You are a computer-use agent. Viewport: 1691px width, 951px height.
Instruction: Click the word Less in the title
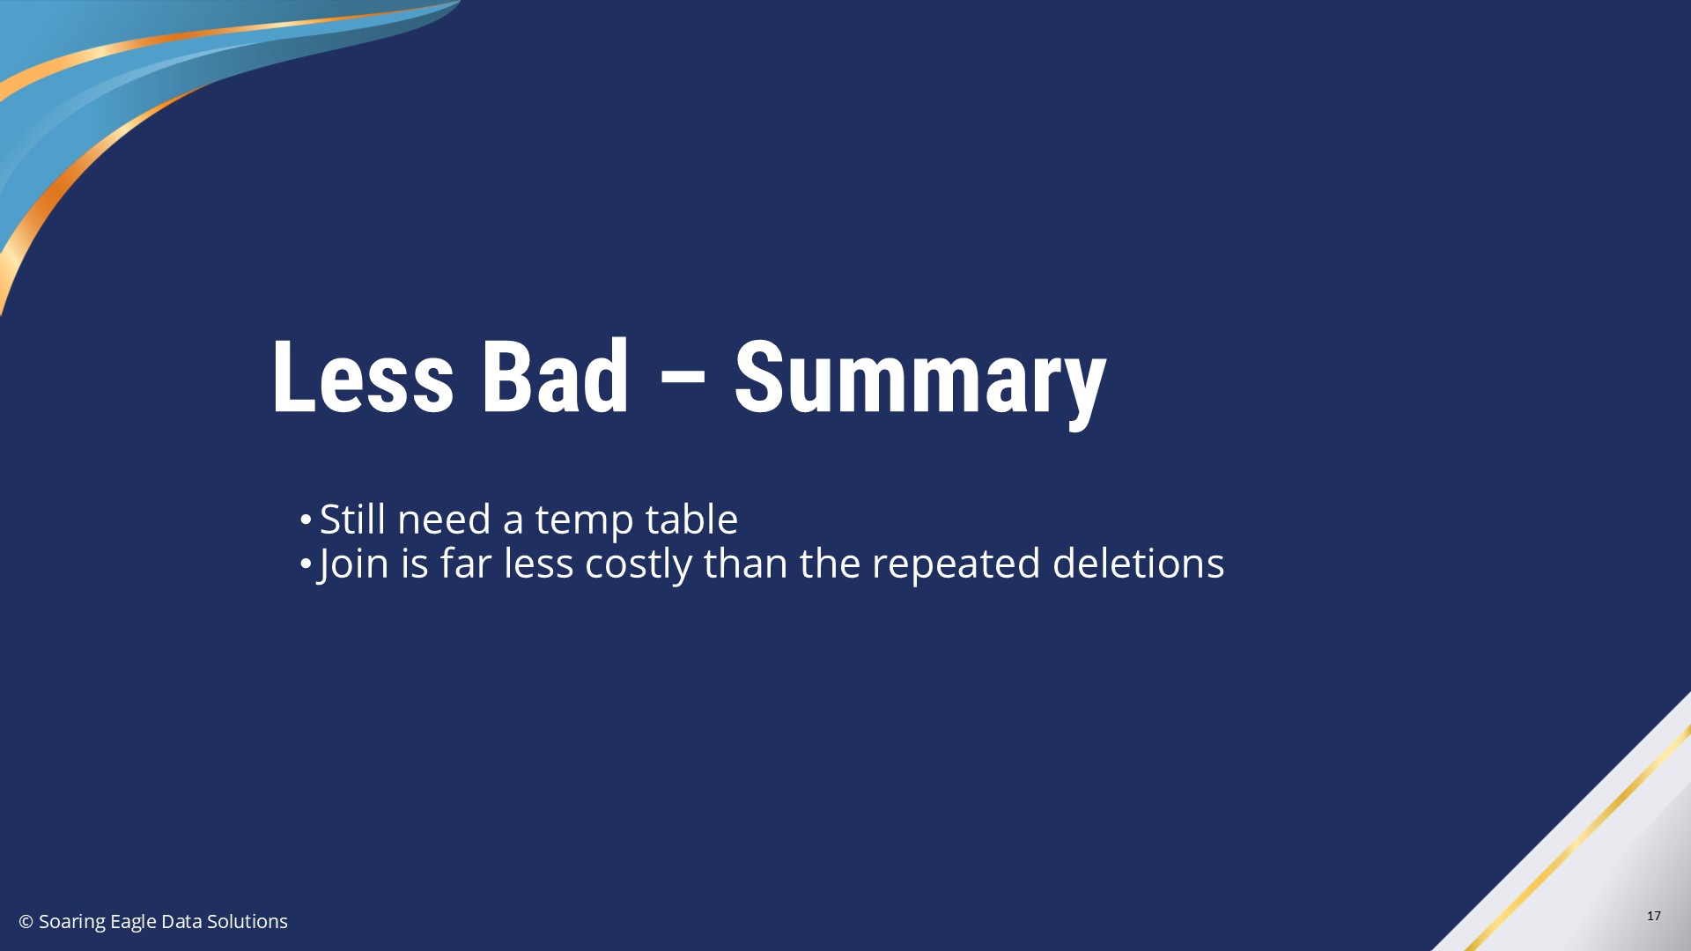tap(363, 377)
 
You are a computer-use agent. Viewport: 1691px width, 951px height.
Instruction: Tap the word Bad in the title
tap(556, 377)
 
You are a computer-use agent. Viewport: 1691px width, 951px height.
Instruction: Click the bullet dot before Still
tap(305, 519)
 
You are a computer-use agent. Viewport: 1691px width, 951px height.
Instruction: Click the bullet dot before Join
tap(305, 563)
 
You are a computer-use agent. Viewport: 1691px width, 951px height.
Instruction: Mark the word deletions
tap(1138, 563)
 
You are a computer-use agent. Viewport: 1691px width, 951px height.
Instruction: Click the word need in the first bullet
tap(444, 519)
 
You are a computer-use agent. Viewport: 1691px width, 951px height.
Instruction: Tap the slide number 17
tap(1653, 916)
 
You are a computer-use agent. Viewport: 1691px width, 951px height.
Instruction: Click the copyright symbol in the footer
tap(26, 921)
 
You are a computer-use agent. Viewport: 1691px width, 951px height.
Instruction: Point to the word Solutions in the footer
tap(247, 921)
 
